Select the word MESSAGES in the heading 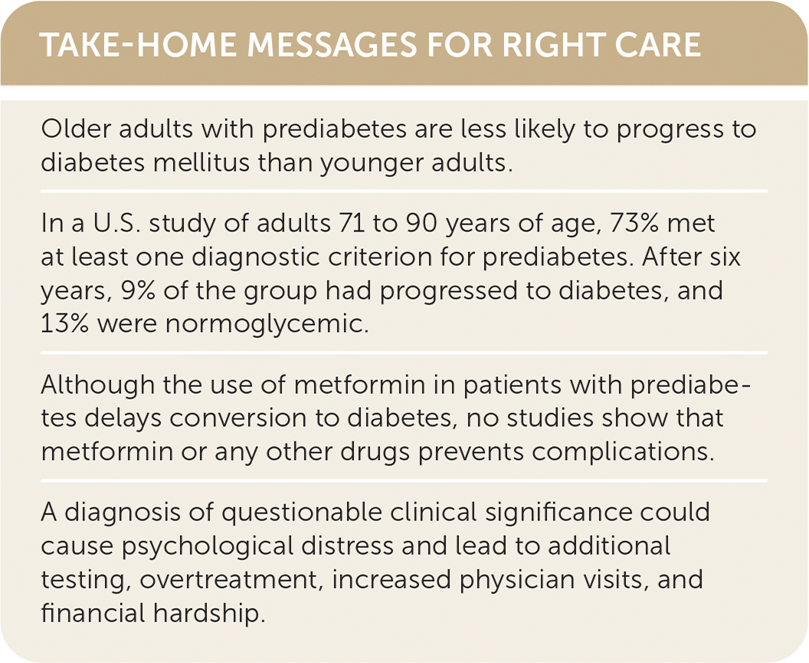pos(332,44)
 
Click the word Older pos(76,129)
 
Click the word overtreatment pos(228,581)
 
